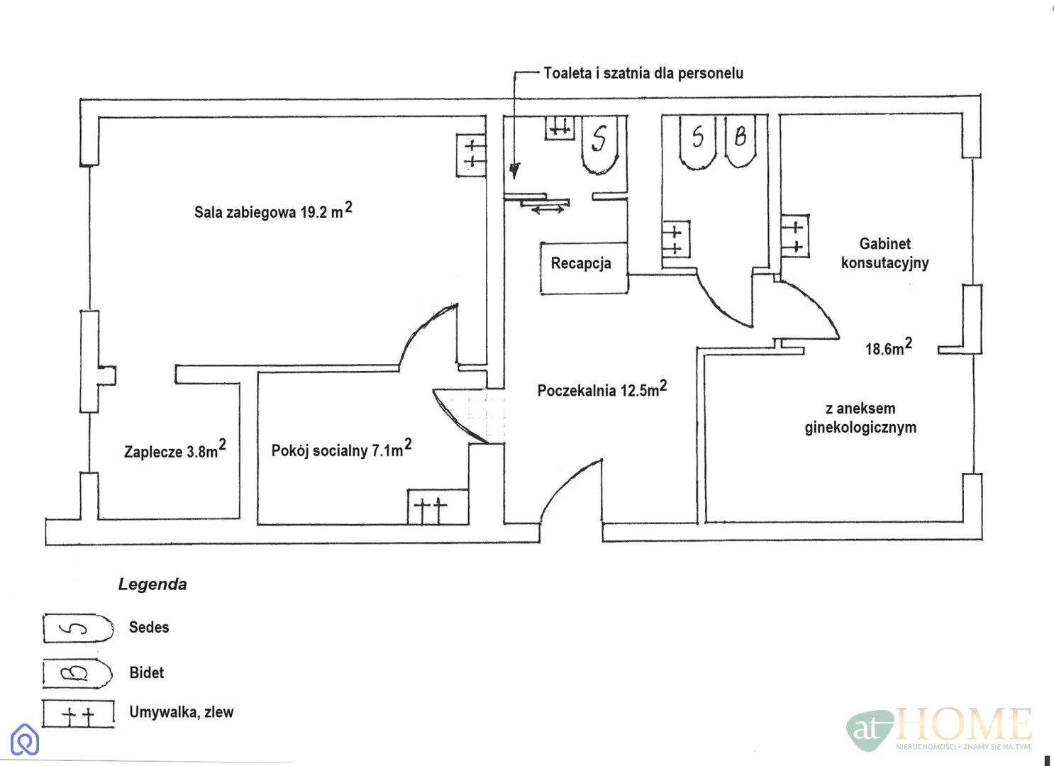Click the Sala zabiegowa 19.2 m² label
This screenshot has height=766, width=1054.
273,211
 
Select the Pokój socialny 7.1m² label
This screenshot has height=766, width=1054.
341,449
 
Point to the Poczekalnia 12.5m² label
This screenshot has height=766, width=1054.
601,389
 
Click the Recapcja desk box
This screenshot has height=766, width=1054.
583,267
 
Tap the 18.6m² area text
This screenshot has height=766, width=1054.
888,348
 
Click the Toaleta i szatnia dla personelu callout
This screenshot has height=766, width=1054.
643,73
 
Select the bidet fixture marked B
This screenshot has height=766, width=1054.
740,140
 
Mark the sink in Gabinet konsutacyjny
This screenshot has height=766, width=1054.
795,236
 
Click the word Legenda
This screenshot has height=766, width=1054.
152,584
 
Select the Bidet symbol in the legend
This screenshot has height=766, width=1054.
77,673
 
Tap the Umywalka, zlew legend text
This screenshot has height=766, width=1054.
181,712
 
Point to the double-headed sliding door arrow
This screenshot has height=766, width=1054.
547,210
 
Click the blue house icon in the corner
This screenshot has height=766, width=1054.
25,740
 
